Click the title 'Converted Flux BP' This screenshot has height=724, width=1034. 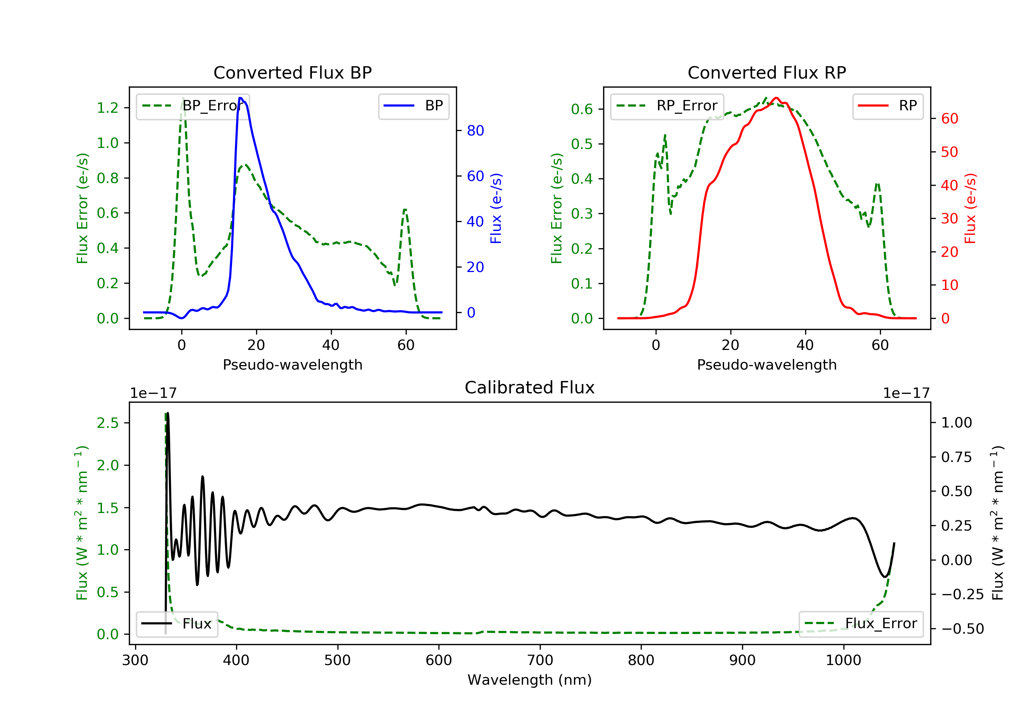(x=292, y=72)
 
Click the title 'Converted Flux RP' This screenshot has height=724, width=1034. (x=767, y=72)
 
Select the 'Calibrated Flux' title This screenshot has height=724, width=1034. (x=530, y=388)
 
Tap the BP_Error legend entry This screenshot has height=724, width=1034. (x=193, y=106)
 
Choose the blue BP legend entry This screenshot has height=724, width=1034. (x=413, y=106)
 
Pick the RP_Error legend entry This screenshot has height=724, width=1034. (x=667, y=106)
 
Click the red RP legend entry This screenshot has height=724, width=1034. (x=888, y=106)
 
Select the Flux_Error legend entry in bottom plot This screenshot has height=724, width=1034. (x=861, y=624)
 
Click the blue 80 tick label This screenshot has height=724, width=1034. (x=476, y=131)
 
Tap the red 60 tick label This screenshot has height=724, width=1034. (x=950, y=119)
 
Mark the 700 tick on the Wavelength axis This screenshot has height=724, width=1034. (x=540, y=661)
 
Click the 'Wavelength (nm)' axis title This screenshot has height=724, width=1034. (x=530, y=680)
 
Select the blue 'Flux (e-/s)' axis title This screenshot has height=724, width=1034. (x=496, y=209)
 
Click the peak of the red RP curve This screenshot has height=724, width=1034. (x=776, y=98)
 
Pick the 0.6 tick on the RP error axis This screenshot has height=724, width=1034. (x=582, y=109)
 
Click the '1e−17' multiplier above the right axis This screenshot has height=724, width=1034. (x=906, y=393)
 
